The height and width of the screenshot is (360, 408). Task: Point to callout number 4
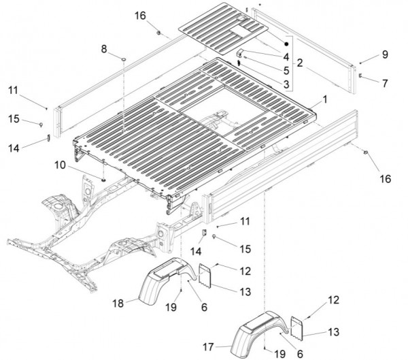coord(286,56)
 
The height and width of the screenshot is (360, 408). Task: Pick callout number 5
coord(286,70)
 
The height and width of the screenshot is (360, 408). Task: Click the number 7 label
coord(385,83)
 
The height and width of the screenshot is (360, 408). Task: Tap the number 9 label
coord(384,54)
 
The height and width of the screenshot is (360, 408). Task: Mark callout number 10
coord(80,165)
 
